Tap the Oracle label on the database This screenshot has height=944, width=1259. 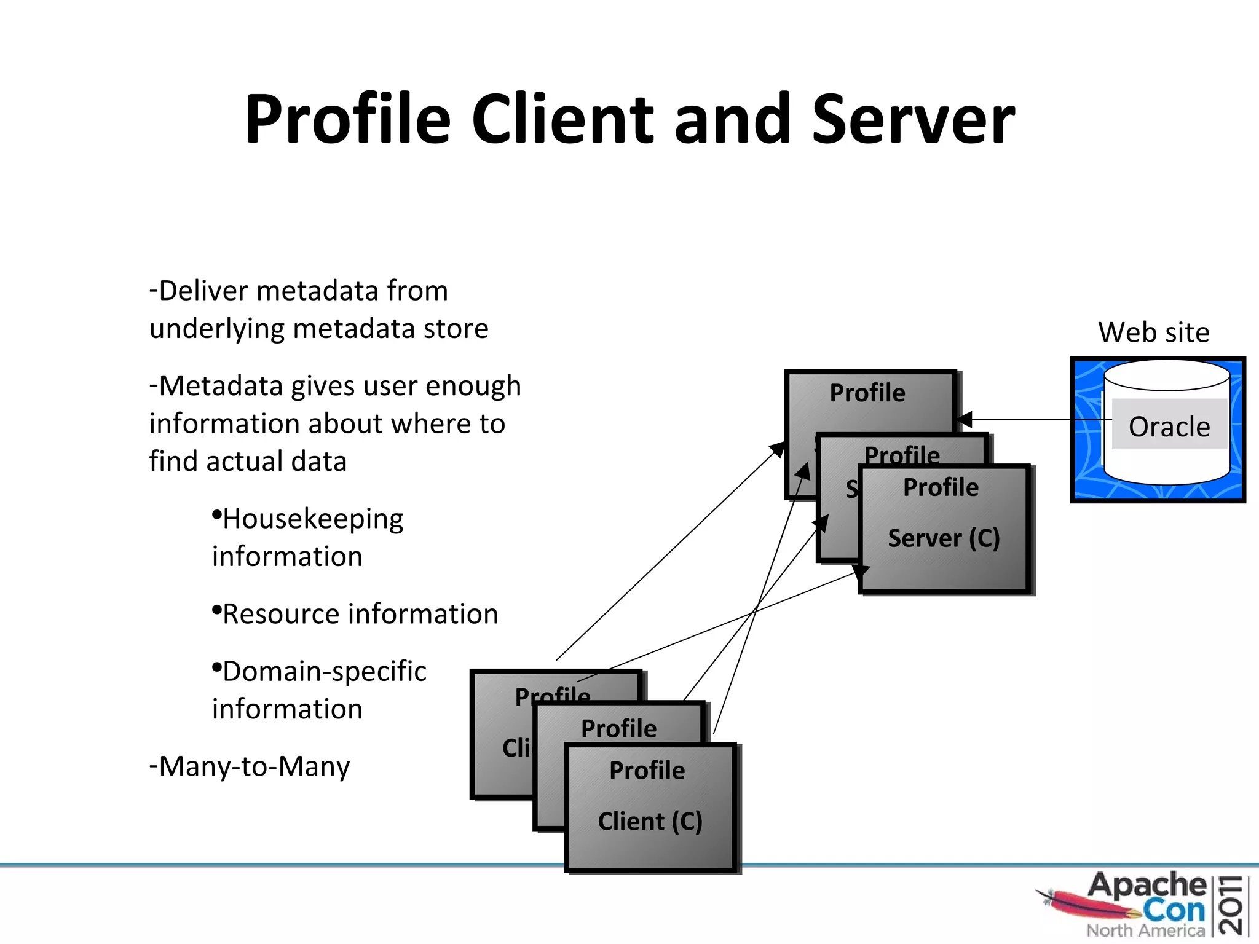1169,426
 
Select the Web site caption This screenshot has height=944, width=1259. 1153,332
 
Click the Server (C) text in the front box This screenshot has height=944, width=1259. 944,538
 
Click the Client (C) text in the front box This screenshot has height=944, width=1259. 650,821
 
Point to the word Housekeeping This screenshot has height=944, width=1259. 312,519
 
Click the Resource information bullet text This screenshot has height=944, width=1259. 360,614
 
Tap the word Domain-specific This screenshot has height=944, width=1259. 324,671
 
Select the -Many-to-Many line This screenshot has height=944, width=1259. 250,766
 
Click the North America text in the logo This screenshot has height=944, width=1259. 1145,930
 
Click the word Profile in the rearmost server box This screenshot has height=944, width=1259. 867,393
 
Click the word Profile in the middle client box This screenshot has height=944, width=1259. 618,728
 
